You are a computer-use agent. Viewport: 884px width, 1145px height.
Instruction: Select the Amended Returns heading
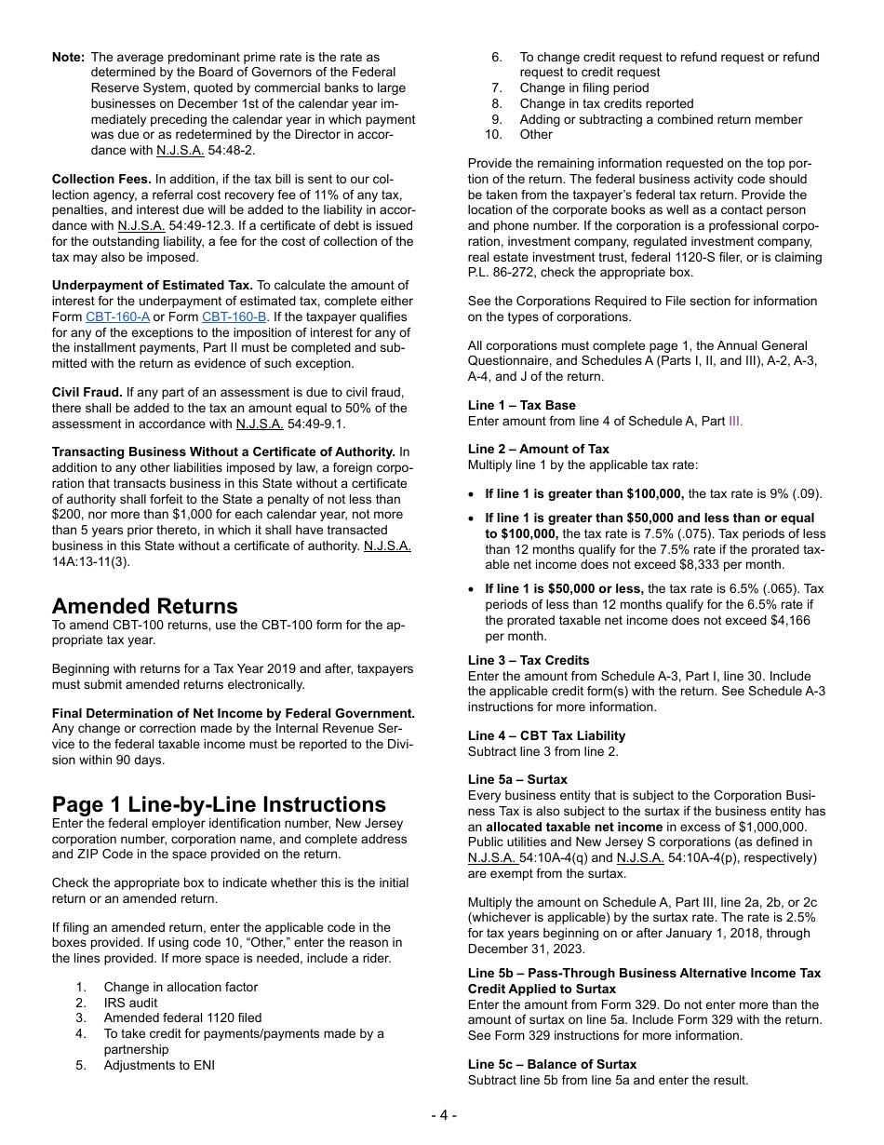pyautogui.click(x=144, y=606)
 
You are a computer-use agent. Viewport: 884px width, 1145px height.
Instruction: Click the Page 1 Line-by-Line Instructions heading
pyautogui.click(x=219, y=804)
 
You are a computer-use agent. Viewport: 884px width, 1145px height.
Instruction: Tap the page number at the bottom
pyautogui.click(x=443, y=1115)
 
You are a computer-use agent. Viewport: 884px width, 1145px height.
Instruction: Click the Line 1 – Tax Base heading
pyautogui.click(x=521, y=405)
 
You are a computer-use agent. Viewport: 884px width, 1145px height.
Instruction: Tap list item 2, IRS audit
pyautogui.click(x=130, y=1003)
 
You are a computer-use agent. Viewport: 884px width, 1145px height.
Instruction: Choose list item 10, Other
pyautogui.click(x=536, y=134)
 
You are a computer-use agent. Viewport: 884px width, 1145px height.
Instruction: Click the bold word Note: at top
pyautogui.click(x=68, y=57)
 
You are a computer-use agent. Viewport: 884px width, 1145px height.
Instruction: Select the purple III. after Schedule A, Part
pyautogui.click(x=735, y=421)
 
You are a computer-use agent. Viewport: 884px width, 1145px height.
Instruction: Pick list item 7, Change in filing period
pyautogui.click(x=583, y=88)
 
